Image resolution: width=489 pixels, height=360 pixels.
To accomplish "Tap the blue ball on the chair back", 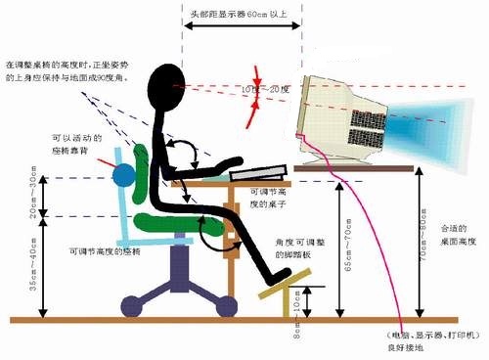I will pyautogui.click(x=123, y=177).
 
